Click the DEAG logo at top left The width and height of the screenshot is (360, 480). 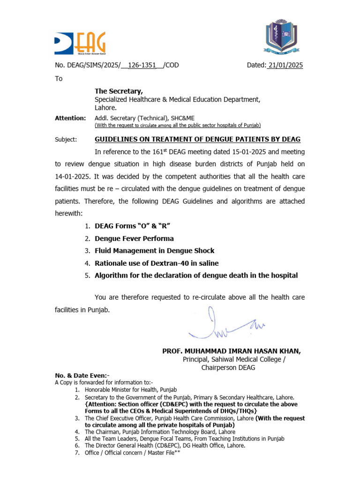click(80, 43)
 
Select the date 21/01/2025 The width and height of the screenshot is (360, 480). click(285, 66)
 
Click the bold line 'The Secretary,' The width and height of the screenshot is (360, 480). click(119, 91)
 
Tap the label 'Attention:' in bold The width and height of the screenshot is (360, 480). click(70, 118)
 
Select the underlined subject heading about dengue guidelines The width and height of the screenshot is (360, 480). click(197, 139)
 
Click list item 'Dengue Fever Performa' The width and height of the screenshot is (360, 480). click(134, 239)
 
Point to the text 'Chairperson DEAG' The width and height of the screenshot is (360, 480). click(228, 367)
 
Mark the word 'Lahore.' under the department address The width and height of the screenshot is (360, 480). click(106, 107)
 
